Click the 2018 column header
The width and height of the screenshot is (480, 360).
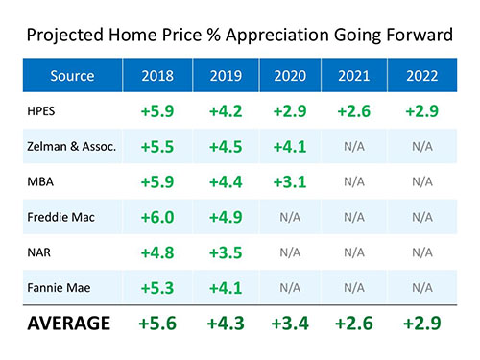point(157,74)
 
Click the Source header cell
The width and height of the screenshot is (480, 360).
point(73,74)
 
